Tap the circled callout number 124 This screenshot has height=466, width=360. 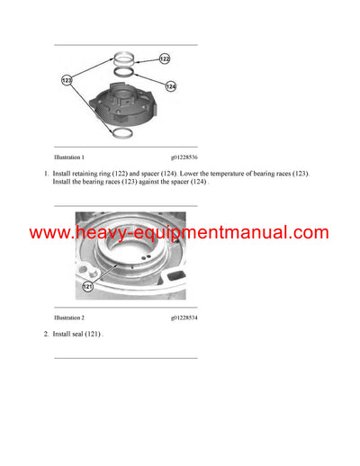171,86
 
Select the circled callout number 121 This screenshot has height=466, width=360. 88,287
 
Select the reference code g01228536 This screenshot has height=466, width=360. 185,154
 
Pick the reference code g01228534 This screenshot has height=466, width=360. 185,318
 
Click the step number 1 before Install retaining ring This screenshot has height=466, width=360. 45,172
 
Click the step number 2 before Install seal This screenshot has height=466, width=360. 45,335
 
